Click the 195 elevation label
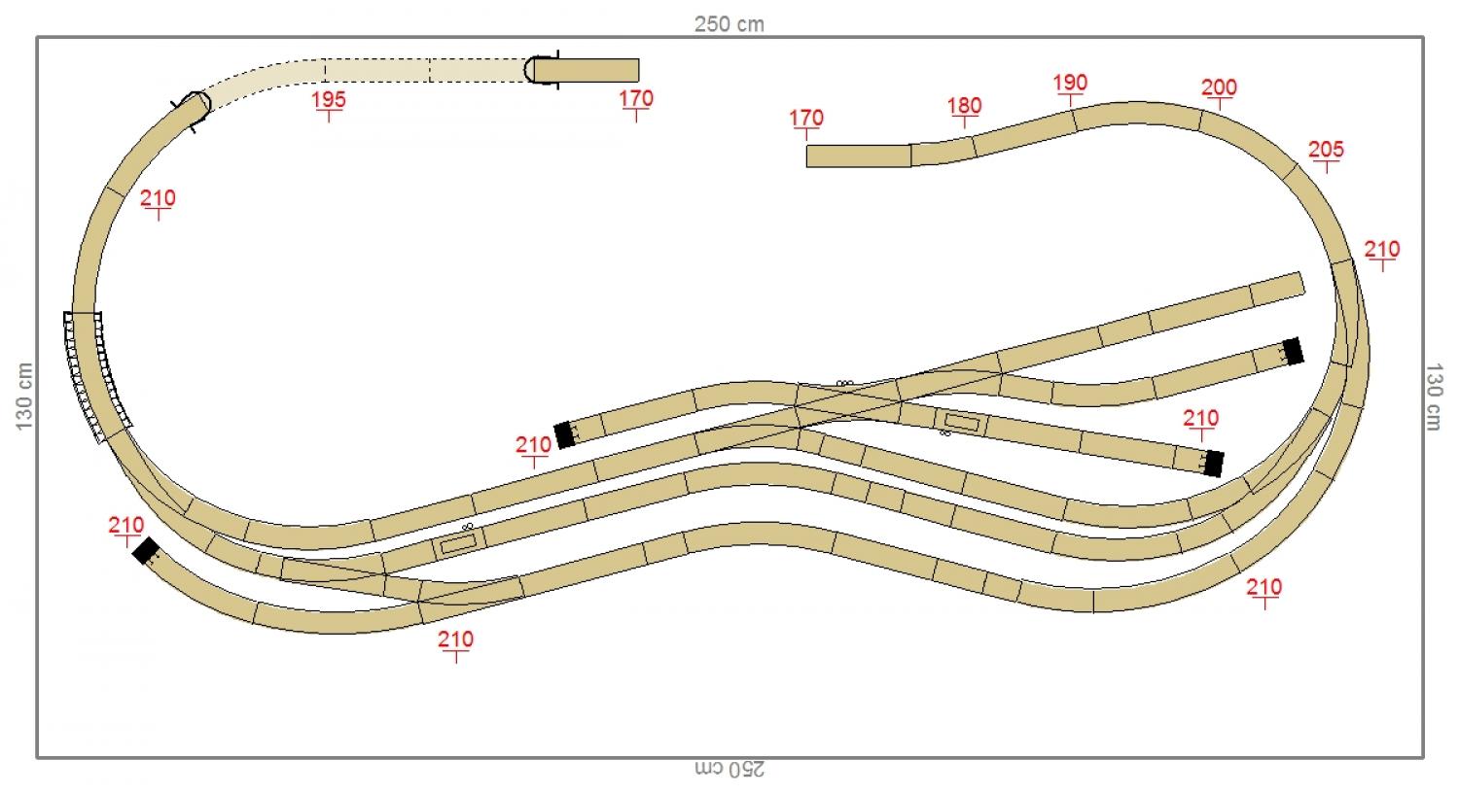(329, 99)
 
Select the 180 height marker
(964, 106)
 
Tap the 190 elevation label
(1070, 84)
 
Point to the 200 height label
(1219, 87)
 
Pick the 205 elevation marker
(1326, 150)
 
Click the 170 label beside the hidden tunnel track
(635, 98)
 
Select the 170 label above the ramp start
(806, 119)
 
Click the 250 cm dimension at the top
(729, 24)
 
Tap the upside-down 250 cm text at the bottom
(729, 769)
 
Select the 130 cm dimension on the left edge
(24, 396)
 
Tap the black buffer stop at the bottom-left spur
(146, 551)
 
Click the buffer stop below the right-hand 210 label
(1212, 464)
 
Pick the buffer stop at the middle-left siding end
(564, 435)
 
